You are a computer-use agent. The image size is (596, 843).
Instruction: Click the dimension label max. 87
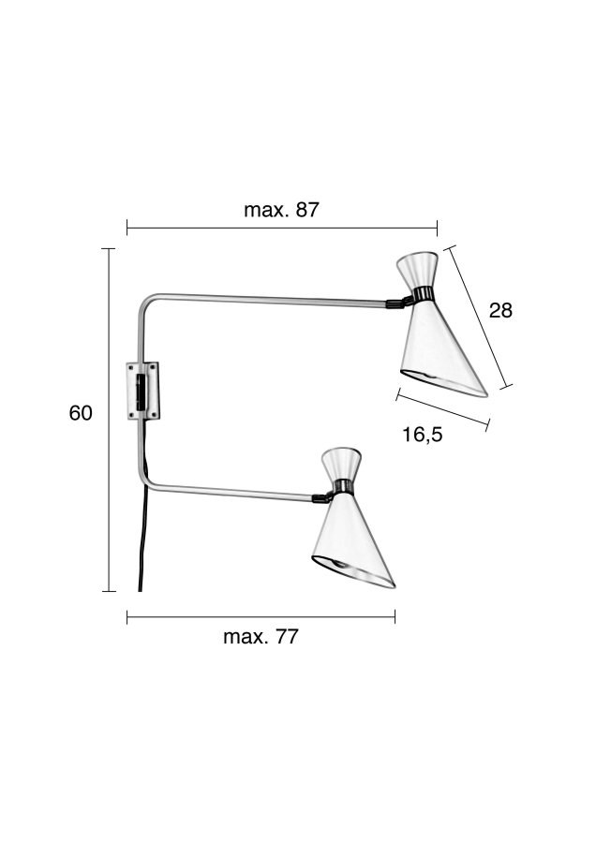click(x=281, y=210)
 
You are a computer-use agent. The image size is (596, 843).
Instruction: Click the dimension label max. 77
click(x=261, y=637)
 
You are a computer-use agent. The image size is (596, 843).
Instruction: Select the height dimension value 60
click(x=81, y=413)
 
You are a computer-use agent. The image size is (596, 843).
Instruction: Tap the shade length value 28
click(x=501, y=310)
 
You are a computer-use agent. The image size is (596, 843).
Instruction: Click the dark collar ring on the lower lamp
click(x=342, y=487)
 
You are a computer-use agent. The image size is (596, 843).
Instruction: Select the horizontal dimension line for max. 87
click(x=281, y=227)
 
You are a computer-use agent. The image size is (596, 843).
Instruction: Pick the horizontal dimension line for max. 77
click(x=261, y=616)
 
